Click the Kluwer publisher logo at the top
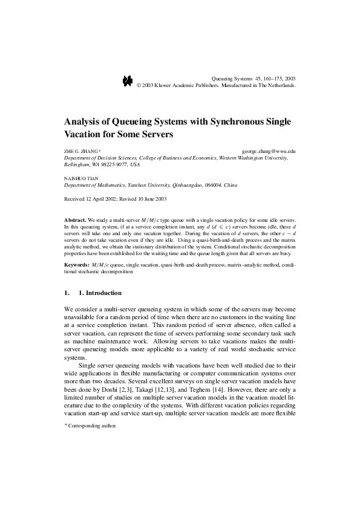[x=127, y=81]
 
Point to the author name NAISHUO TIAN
[x=79, y=180]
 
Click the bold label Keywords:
[x=76, y=265]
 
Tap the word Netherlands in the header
[x=280, y=86]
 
